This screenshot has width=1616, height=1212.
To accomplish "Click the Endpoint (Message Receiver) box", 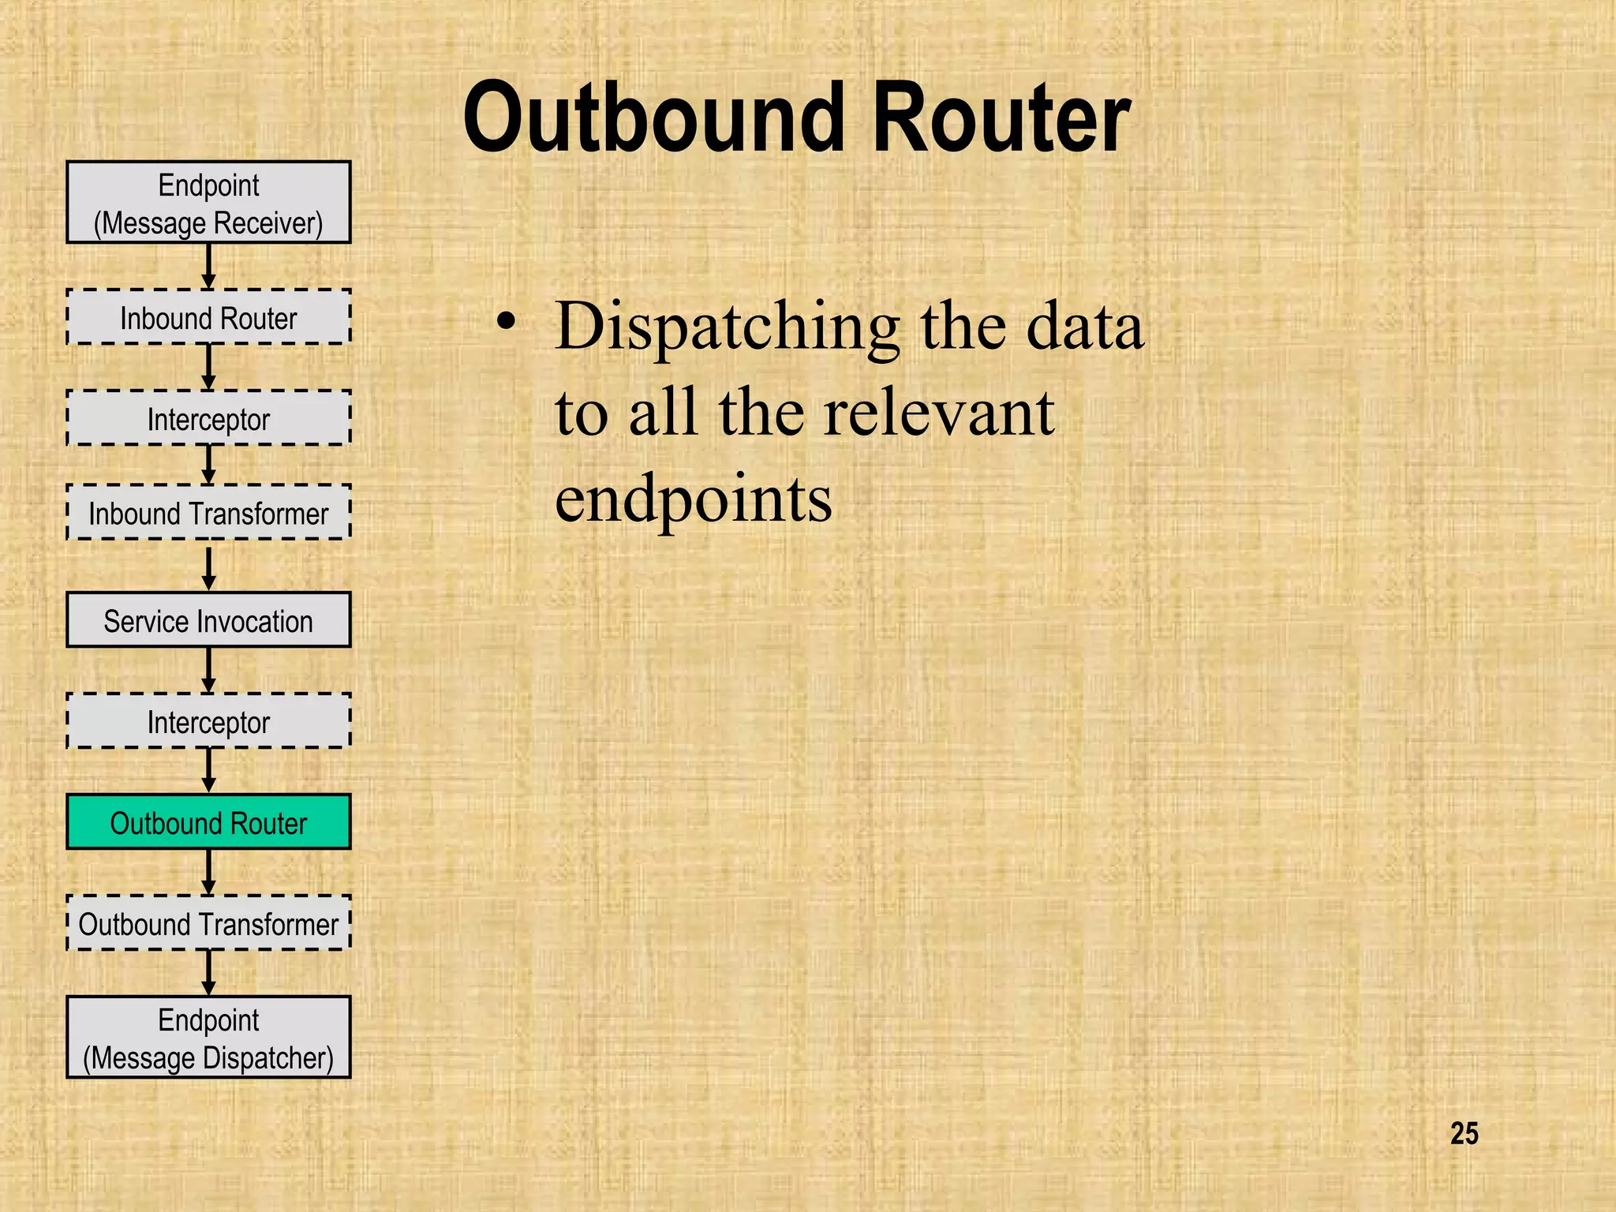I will click(208, 203).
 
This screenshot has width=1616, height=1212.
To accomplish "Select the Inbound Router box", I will click(208, 317).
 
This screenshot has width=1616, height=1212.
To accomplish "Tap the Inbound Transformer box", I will click(208, 513).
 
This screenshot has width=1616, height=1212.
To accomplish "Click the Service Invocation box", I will click(208, 620).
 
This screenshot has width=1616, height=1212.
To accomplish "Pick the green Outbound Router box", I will click(208, 822).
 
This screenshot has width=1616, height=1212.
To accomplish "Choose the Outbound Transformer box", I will click(208, 923).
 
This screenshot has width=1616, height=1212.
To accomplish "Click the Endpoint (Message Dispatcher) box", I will click(208, 1038).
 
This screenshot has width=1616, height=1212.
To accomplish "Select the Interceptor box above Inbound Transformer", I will click(208, 418).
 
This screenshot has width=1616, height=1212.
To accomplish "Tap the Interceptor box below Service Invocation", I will click(208, 721).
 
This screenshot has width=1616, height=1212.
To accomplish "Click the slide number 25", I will click(1464, 1134).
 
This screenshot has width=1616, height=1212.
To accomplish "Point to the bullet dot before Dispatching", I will click(507, 322).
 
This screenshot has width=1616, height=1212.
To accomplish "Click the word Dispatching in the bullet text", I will click(727, 327).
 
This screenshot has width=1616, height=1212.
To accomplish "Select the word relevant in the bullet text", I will click(938, 413).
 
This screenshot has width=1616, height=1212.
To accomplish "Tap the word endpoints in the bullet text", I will click(693, 499).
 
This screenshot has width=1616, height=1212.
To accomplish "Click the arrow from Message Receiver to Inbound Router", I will click(208, 266).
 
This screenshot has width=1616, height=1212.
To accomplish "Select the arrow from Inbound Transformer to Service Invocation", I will click(208, 567).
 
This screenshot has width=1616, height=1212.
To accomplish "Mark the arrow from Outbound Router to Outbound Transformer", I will click(208, 872).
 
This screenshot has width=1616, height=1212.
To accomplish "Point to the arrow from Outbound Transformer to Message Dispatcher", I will click(208, 972).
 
